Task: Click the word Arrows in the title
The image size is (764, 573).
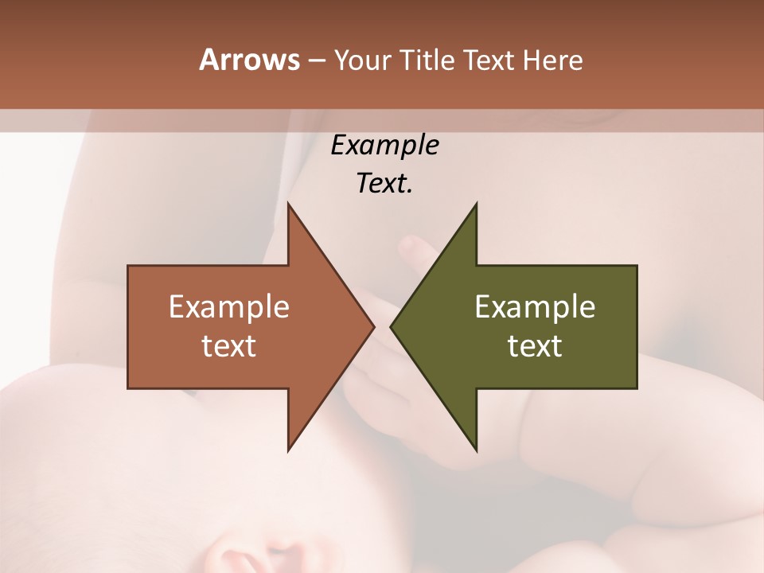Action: point(249,60)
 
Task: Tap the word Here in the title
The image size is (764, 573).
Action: point(553,60)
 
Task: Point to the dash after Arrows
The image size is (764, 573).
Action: point(316,61)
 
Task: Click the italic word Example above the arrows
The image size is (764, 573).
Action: point(384,146)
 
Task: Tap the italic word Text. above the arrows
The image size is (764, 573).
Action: point(384,184)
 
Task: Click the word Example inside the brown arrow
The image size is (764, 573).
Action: point(229,307)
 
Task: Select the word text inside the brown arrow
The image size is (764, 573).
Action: point(229,346)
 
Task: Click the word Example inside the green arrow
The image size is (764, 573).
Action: point(535,307)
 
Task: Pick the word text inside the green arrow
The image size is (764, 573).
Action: point(535,346)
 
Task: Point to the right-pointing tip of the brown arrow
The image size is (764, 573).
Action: point(372,326)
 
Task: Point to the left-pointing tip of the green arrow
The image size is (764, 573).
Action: point(392,326)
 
